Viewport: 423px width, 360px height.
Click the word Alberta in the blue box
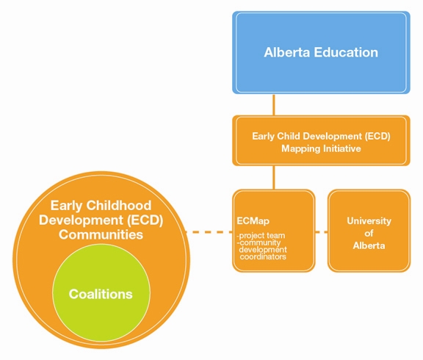pos(286,52)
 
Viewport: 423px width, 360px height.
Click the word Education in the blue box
pos(346,52)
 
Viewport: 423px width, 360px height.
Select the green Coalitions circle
pos(101,293)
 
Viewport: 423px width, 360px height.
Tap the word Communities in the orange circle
pos(101,234)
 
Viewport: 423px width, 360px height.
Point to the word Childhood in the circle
pos(119,206)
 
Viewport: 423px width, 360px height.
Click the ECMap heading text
pos(253,221)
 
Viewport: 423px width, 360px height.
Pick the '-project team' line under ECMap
pos(261,235)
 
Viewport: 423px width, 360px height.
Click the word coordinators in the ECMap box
pos(263,256)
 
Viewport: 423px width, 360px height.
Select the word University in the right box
pos(369,221)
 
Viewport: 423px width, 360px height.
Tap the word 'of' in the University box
pos(369,233)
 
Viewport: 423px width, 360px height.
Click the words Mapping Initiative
pos(321,148)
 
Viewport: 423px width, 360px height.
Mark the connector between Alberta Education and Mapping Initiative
pos(274,105)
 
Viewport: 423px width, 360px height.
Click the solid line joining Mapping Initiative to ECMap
pos(274,178)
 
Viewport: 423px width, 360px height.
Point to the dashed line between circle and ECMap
pos(209,232)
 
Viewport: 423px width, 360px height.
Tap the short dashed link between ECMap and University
pos(322,232)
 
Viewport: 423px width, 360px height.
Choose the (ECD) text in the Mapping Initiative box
pos(377,136)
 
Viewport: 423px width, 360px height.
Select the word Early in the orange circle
pos(66,206)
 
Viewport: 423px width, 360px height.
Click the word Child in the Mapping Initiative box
pos(288,136)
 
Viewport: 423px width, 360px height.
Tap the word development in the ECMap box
pos(263,250)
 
